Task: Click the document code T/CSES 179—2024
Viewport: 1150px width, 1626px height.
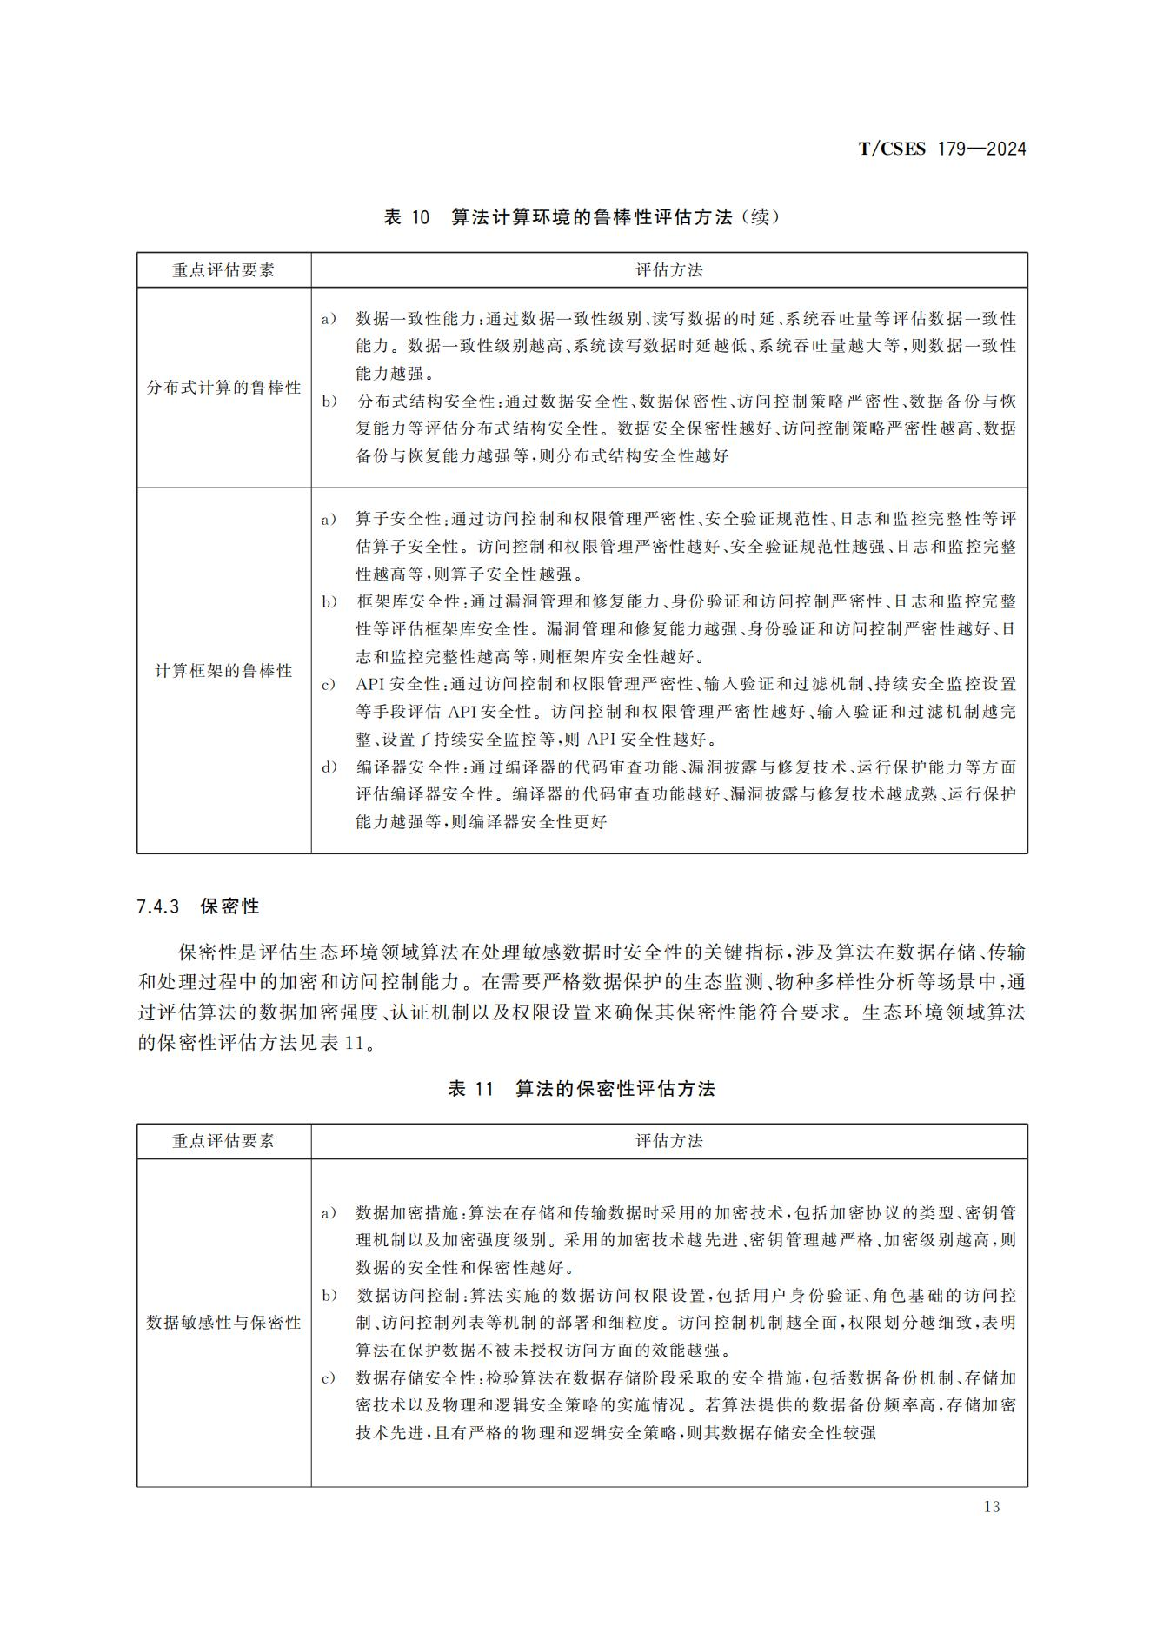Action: (941, 149)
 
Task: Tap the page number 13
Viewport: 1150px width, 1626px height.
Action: (992, 1506)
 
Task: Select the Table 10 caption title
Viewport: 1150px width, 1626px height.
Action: (582, 217)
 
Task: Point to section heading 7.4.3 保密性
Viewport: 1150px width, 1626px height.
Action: (198, 906)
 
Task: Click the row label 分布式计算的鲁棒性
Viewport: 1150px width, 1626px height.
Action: (223, 388)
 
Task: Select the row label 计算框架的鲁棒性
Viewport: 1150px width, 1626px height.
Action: (223, 671)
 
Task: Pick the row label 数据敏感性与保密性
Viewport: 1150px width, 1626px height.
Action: (223, 1323)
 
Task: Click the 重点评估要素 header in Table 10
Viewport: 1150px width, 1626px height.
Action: (223, 270)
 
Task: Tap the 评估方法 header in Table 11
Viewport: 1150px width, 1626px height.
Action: (668, 1141)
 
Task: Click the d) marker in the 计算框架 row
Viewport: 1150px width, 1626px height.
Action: (329, 767)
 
